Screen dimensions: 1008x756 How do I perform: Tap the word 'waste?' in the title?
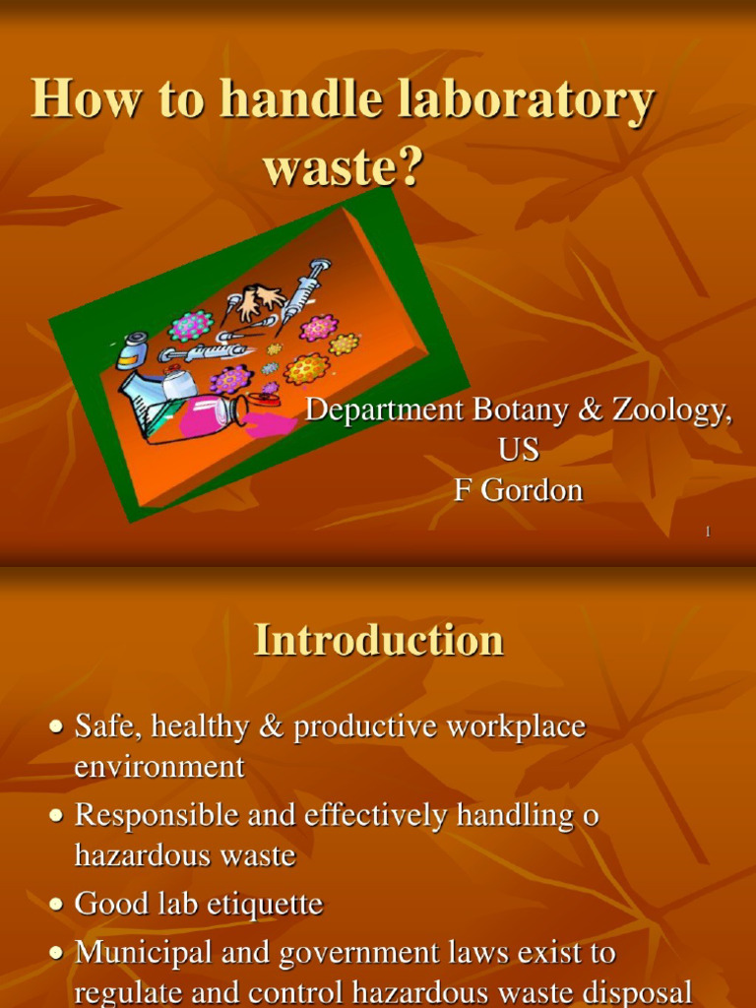[343, 166]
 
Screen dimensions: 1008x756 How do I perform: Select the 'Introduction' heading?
[378, 641]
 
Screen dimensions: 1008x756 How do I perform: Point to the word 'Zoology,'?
[672, 410]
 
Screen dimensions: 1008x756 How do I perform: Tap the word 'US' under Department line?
[518, 450]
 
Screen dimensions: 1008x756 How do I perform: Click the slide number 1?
[707, 532]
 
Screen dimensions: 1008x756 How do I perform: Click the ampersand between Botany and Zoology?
[592, 410]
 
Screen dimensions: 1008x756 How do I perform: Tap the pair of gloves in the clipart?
[257, 300]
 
